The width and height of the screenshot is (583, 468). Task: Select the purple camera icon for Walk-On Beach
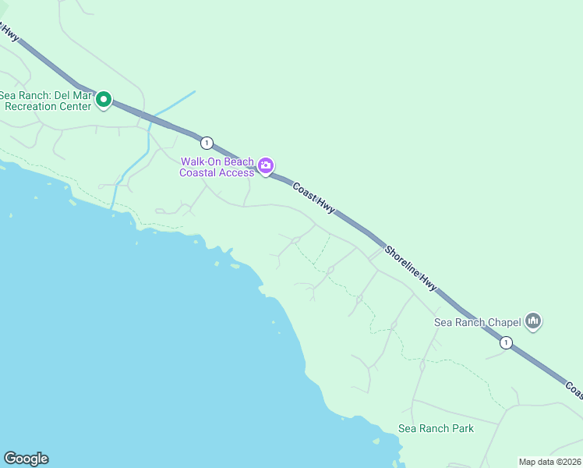tap(266, 165)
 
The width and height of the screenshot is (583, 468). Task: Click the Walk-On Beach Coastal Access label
tap(217, 167)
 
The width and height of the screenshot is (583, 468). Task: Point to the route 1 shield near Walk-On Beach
tap(206, 142)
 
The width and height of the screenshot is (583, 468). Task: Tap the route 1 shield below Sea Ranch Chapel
tap(506, 342)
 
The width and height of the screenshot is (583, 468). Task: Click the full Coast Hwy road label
tap(314, 197)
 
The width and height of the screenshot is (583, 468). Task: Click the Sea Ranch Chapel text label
tap(477, 321)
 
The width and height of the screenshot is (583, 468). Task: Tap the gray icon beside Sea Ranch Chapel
tap(533, 320)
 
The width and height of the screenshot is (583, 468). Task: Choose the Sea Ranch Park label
tap(436, 428)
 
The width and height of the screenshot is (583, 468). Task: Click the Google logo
tap(26, 459)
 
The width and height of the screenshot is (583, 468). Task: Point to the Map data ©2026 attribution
tap(549, 461)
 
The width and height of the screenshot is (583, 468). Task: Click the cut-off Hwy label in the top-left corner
tap(9, 32)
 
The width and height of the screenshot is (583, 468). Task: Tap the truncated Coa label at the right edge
tap(573, 388)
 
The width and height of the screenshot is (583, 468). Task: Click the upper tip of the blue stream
tap(193, 92)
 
